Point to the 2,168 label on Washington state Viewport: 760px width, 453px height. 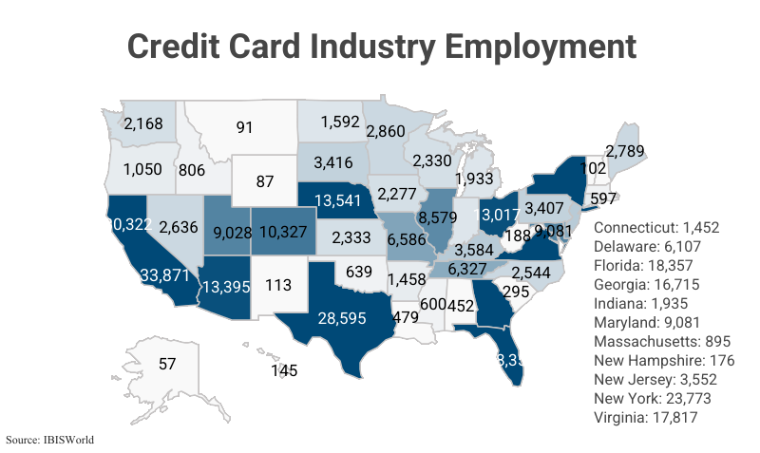point(143,123)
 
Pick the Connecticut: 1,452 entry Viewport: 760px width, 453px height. point(656,229)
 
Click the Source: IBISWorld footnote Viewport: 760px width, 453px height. point(49,441)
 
